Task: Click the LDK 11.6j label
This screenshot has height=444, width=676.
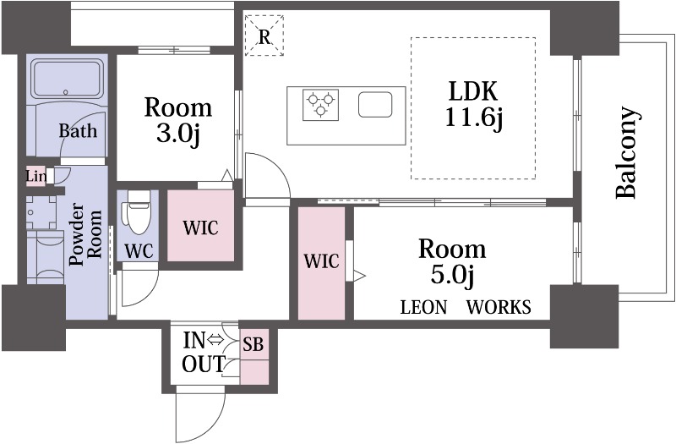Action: tap(473, 104)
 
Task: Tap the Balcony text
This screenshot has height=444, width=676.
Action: tap(626, 152)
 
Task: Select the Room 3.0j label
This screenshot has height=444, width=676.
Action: tap(178, 121)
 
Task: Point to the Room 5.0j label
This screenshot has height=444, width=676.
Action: tap(452, 261)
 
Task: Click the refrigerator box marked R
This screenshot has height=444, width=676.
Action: tap(264, 36)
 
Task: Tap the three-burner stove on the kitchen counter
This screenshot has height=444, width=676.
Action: tap(320, 105)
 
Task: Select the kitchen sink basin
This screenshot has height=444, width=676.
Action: tap(375, 105)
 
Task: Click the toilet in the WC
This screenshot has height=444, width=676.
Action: tap(138, 213)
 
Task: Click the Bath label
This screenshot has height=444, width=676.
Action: tap(78, 131)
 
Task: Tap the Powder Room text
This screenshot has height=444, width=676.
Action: tap(86, 234)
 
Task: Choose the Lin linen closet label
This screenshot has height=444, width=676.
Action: tap(36, 176)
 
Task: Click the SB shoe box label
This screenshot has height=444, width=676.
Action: tap(253, 344)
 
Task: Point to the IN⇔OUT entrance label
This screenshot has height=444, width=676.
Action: tap(204, 352)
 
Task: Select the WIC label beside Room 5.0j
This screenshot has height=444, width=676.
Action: tap(322, 261)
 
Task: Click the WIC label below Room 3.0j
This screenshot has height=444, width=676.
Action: tap(200, 228)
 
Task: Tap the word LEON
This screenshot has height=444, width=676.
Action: tap(423, 307)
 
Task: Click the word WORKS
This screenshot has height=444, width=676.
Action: tap(499, 307)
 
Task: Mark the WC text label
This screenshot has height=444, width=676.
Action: tap(139, 251)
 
